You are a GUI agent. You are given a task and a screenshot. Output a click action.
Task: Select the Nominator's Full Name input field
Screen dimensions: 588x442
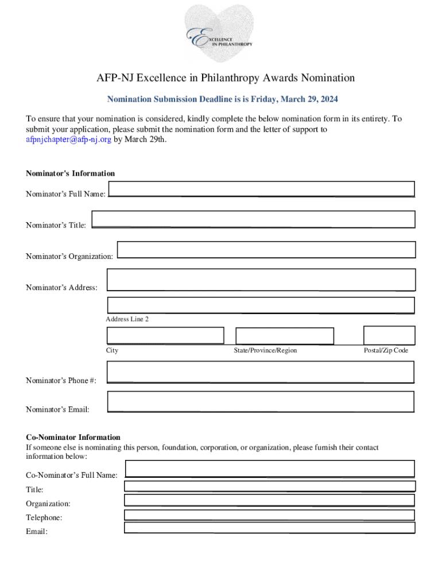[261, 189]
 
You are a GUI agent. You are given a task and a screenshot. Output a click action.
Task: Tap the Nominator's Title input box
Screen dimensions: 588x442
[253, 219]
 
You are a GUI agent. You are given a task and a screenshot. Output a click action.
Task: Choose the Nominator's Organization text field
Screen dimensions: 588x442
[266, 250]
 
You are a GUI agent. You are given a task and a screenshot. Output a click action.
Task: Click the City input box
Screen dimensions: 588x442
[165, 335]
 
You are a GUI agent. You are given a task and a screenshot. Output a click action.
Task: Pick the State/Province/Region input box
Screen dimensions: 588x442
[285, 336]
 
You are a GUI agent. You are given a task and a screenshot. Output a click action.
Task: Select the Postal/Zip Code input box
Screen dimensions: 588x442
[389, 335]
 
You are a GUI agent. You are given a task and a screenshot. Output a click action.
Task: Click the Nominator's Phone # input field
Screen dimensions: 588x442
[261, 372]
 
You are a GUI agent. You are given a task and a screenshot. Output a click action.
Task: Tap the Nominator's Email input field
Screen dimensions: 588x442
[261, 401]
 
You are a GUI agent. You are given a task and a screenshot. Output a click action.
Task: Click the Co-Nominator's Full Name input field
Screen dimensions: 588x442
[270, 469]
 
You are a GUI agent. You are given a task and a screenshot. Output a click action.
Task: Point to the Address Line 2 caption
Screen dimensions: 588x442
[127, 319]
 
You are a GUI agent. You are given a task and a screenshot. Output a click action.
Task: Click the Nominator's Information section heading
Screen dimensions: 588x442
[70, 173]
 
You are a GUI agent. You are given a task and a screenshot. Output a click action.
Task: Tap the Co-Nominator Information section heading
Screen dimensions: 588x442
[73, 437]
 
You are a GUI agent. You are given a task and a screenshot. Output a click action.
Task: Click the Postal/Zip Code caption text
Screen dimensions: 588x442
[386, 350]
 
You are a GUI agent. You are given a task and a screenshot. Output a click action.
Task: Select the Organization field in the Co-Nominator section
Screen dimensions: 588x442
[269, 500]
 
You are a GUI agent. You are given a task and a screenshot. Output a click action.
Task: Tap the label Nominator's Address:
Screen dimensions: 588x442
[61, 288]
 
